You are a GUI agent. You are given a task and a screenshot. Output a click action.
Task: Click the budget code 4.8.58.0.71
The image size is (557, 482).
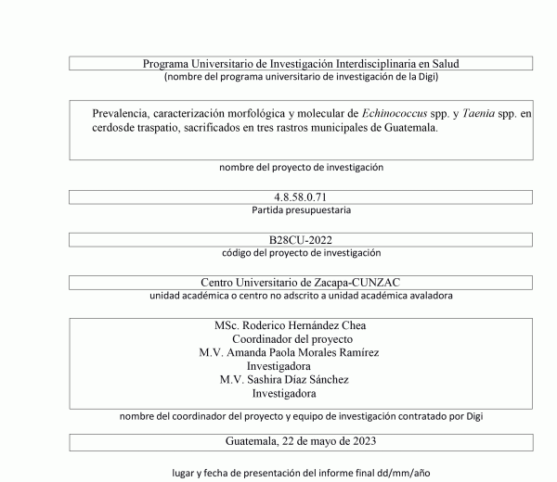pos(301,197)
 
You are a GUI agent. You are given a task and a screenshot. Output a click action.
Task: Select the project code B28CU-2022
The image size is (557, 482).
pos(301,240)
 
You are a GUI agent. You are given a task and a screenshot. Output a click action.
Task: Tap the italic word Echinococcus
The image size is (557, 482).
pos(396,113)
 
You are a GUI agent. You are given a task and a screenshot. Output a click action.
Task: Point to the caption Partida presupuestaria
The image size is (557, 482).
pos(301,210)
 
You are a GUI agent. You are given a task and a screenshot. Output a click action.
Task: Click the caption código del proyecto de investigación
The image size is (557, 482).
pos(301,253)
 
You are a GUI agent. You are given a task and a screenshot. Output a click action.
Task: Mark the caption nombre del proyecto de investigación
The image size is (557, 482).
pos(301,168)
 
